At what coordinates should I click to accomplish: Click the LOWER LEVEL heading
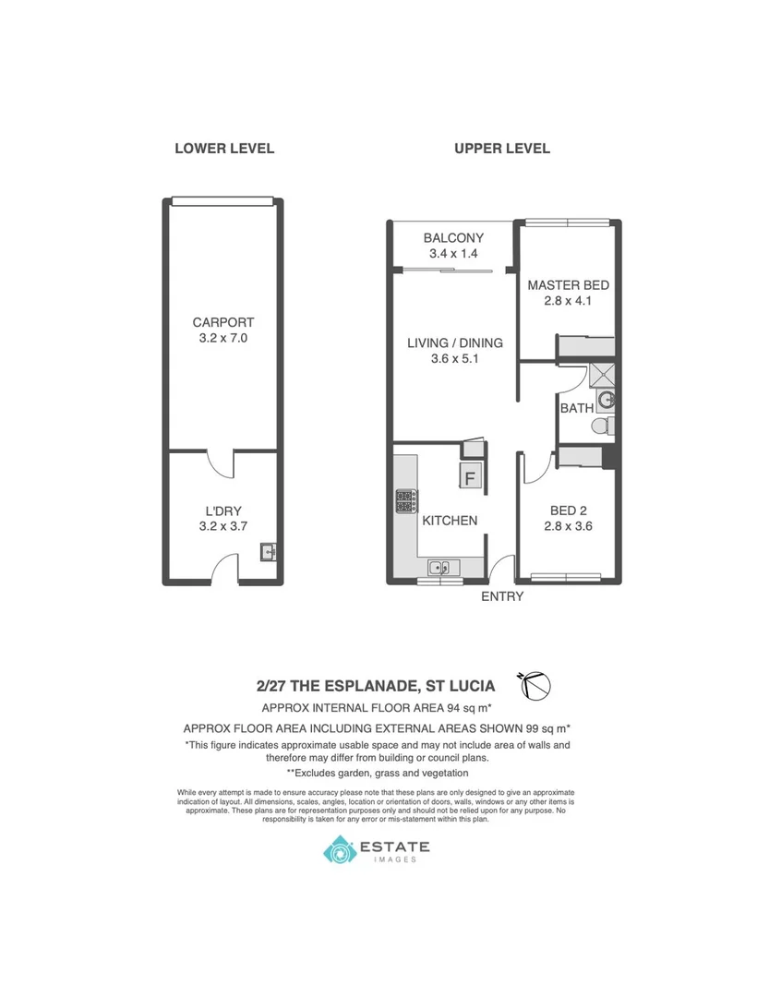coord(224,149)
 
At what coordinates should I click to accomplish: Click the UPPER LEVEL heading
coord(501,149)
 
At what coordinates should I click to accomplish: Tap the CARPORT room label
coord(223,323)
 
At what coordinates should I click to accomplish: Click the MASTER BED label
coord(568,285)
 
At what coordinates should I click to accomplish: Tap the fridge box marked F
coord(469,479)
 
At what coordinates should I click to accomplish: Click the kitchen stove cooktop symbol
coord(404,501)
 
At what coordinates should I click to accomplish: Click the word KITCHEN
coord(450,521)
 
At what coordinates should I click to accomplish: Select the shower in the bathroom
coord(602,374)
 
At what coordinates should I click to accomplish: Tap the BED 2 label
coord(568,511)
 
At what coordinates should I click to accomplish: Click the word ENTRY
coord(502,596)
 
